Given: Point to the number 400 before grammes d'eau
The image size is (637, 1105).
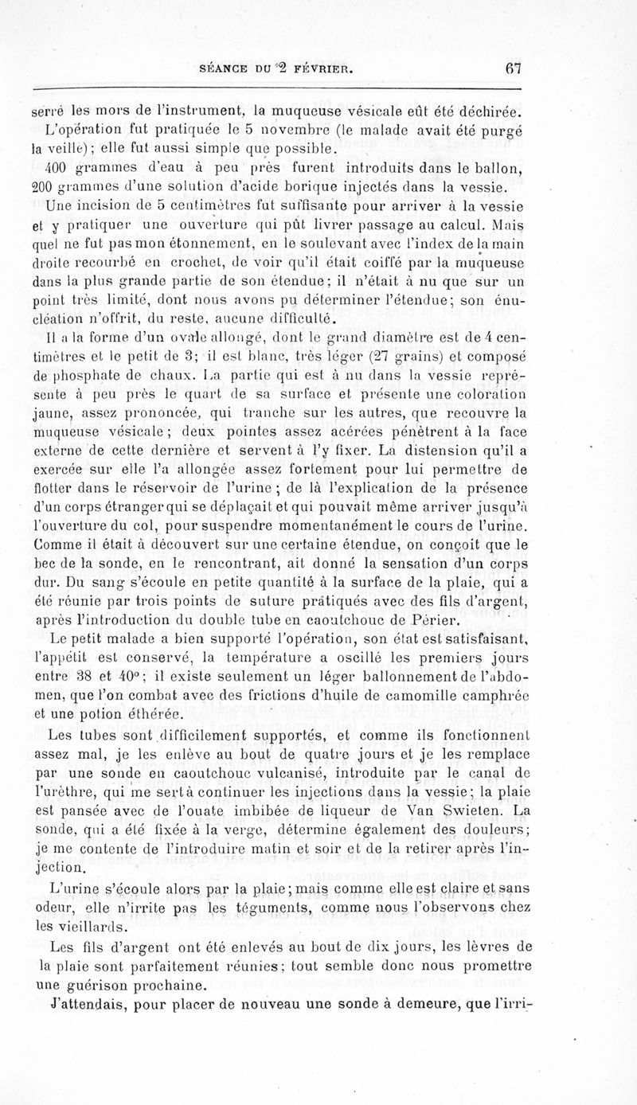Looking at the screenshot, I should click(x=61, y=167).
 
